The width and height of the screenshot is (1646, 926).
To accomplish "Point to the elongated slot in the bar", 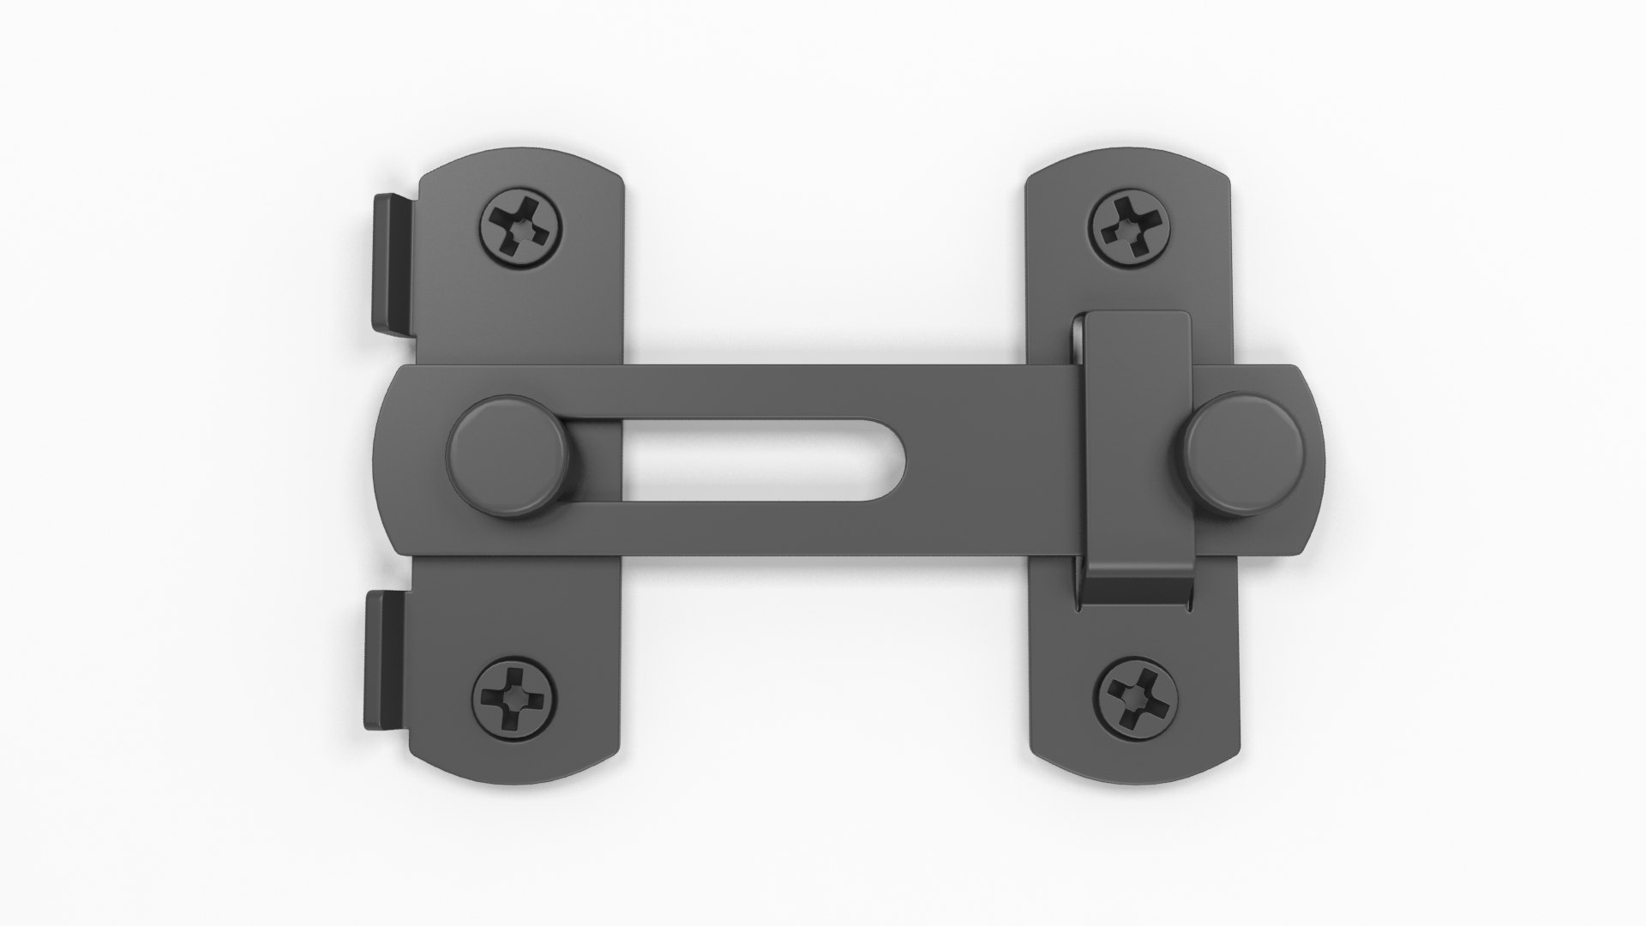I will pyautogui.click(x=763, y=460).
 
